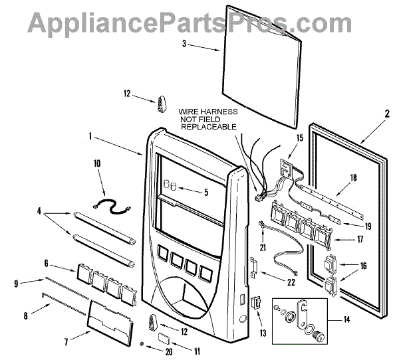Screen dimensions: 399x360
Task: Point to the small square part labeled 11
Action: coord(162,338)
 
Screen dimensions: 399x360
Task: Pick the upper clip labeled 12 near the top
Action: coord(162,104)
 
